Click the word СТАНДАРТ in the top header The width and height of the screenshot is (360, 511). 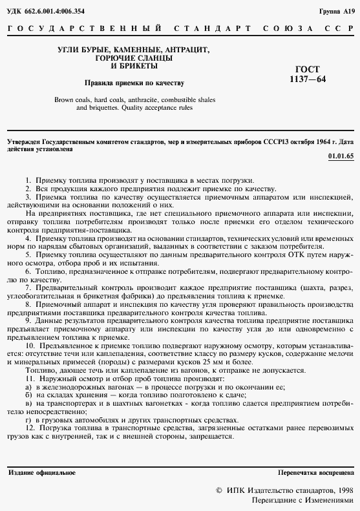212,30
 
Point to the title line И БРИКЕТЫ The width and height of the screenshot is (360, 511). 134,66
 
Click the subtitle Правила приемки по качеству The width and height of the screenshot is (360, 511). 135,83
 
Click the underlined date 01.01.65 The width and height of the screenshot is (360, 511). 341,156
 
